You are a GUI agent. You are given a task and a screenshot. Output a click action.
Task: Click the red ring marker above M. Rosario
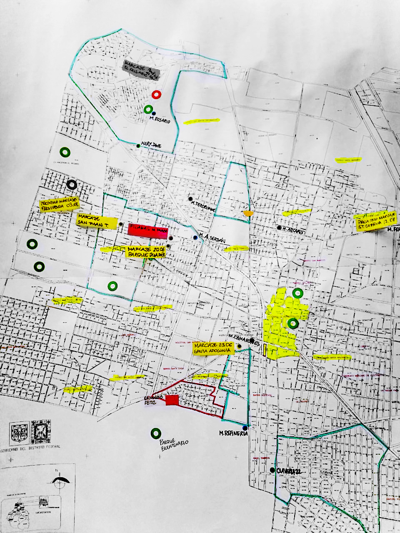[156, 95]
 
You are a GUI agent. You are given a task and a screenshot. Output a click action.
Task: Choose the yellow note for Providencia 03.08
[59, 204]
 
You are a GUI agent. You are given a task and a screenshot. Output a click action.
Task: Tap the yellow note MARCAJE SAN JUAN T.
[96, 221]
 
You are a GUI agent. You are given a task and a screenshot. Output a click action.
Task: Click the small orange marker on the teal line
[248, 213]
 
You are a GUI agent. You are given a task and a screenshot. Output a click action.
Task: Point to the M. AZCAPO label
[292, 229]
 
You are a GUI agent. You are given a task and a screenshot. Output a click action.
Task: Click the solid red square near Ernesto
[172, 400]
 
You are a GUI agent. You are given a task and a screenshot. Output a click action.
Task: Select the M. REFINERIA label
[233, 433]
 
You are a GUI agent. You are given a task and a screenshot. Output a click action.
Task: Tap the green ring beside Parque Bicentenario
[155, 433]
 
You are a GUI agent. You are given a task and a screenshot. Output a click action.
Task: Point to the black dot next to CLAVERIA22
[272, 470]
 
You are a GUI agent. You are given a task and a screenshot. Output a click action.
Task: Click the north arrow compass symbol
[60, 479]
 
